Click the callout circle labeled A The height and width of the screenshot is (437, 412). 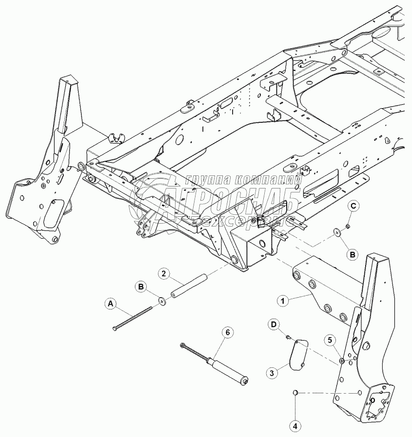coord(111,304)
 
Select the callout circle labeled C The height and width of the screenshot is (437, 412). coord(354,207)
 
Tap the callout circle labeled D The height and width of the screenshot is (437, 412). coord(275,324)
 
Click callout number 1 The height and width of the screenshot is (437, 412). coord(281,301)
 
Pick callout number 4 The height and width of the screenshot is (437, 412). coord(294,425)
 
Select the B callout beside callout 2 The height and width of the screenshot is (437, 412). coord(140,288)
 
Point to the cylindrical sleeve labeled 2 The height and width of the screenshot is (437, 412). coord(189,287)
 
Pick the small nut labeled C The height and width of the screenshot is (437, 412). coord(346,226)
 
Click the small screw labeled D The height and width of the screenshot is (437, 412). coord(288,336)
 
